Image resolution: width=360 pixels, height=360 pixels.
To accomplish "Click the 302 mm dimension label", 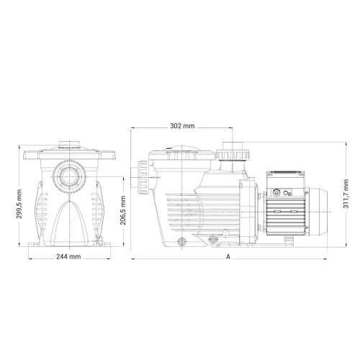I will (x=184, y=126).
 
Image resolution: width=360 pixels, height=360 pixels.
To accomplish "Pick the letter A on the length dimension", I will (x=228, y=257).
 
